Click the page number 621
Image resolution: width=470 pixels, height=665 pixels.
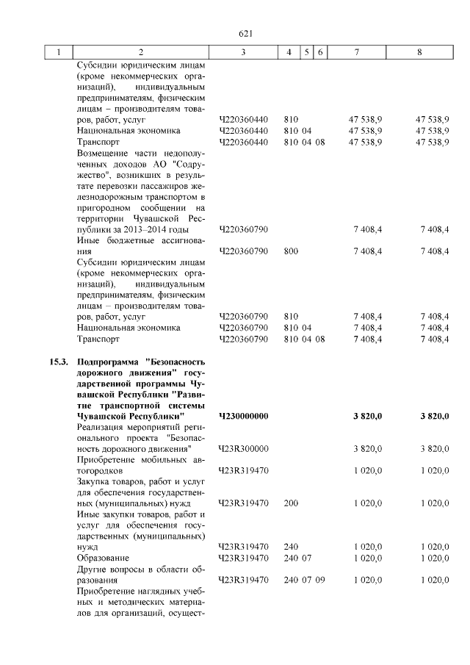pos(246,34)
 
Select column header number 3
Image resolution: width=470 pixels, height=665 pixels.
pos(243,52)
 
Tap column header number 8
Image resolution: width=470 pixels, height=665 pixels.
pos(419,52)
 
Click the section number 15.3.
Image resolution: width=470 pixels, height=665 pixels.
pos(59,362)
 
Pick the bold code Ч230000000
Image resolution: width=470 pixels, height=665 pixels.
pos(244,416)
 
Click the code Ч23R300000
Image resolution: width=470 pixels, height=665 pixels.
pos(244,448)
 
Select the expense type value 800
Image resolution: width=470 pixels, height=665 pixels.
pos(291,251)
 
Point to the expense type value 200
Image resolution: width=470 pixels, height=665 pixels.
pos(291,503)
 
